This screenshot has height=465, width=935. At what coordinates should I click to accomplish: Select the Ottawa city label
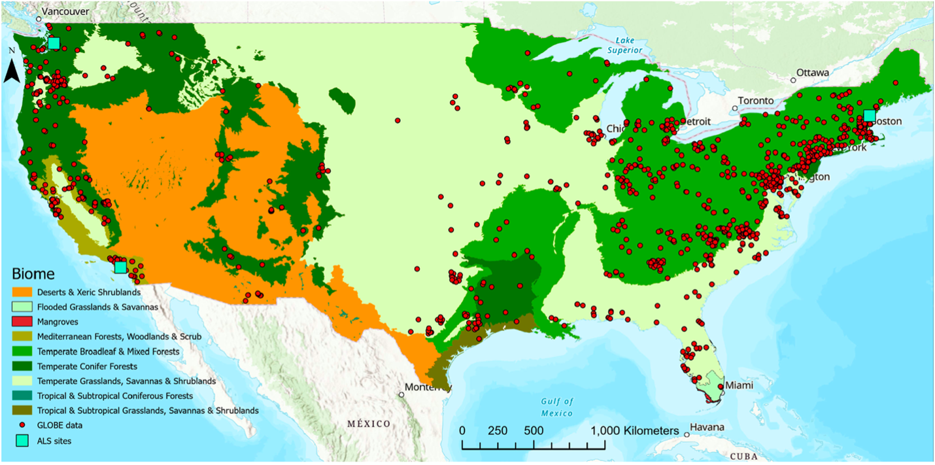[813, 72]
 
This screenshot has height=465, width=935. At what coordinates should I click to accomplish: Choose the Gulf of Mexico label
[556, 407]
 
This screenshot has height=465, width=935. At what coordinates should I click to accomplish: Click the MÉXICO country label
[369, 423]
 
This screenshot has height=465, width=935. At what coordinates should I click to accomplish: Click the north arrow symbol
[11, 69]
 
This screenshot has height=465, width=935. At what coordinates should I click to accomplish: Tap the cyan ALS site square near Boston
[869, 116]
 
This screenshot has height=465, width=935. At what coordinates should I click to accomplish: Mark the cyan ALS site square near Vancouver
[54, 43]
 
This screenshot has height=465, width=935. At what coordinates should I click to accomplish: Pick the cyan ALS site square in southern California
[120, 267]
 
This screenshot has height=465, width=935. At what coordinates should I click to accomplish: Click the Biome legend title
[33, 273]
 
